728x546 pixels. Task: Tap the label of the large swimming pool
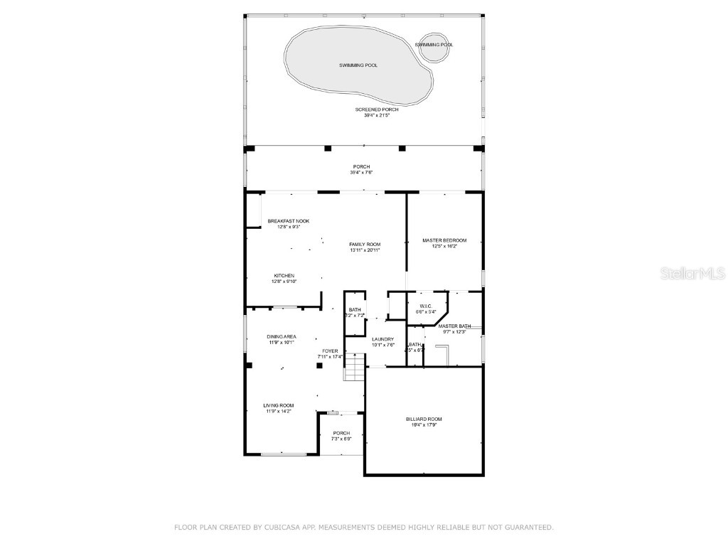(x=358, y=65)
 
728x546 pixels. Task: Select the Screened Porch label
(x=377, y=109)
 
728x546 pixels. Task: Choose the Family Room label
(x=365, y=245)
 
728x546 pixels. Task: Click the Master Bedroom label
(x=444, y=240)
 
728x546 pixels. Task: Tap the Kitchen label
(x=284, y=276)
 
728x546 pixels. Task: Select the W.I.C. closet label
(x=426, y=306)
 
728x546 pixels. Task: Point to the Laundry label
(x=382, y=339)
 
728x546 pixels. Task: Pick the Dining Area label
(x=282, y=336)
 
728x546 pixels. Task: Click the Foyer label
(x=330, y=350)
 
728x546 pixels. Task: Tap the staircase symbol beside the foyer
(x=355, y=369)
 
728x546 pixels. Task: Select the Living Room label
(x=278, y=405)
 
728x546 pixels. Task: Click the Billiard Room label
(x=424, y=419)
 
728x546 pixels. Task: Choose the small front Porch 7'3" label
(x=341, y=434)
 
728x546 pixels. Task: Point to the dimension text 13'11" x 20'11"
(x=365, y=250)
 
